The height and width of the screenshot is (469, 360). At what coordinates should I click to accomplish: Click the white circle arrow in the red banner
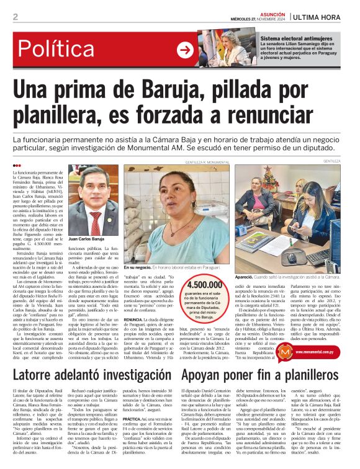185,50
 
